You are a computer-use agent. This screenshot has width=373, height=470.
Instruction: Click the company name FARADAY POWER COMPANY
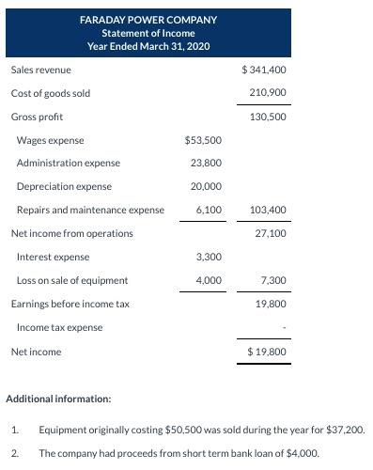148,20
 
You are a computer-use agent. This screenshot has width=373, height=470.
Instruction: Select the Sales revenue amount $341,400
264,70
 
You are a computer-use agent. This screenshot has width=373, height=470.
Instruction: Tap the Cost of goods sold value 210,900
268,93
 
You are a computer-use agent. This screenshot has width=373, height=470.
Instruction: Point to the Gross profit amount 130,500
268,117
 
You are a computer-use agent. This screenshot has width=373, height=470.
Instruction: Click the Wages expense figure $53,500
203,140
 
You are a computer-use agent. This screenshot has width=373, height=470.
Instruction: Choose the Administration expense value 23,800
206,163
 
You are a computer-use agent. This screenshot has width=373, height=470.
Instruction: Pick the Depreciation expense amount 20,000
206,186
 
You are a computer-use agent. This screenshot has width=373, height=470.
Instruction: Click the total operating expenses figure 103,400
268,210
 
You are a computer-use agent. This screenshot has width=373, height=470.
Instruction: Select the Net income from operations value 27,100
271,233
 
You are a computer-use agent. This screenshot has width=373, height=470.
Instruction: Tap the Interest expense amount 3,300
209,257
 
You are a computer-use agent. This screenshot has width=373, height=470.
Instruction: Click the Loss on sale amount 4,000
209,280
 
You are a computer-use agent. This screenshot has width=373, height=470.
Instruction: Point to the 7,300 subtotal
273,280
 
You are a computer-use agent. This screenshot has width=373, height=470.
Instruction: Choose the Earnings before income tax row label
70,304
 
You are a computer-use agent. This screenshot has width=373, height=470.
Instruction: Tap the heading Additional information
58,399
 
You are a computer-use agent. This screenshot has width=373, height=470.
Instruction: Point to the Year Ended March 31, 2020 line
148,46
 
